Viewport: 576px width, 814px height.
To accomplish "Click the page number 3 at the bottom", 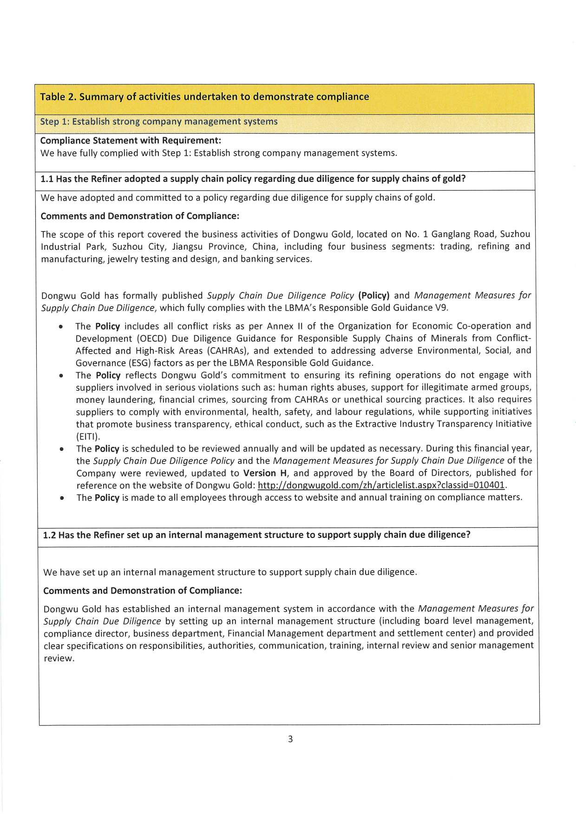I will point(290,739).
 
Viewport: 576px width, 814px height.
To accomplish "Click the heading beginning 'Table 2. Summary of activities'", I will point(204,97).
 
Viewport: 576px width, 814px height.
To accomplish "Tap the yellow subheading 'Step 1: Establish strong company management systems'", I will point(159,122).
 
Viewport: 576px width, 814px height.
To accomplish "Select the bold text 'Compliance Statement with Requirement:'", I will point(131,141).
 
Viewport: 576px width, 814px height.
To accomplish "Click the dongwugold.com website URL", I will point(381,485).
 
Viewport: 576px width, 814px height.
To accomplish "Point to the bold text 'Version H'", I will point(265,473).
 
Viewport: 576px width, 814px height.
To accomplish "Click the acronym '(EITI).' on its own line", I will point(88,436).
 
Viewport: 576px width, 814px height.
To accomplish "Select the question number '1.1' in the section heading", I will point(47,179).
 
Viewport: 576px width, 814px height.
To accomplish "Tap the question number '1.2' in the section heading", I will point(49,535).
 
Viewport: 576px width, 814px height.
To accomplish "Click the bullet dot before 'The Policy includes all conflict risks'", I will point(61,327).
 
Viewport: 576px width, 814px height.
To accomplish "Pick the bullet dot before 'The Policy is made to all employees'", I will point(62,498).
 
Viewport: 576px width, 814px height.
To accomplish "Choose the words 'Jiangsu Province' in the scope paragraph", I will point(209,246).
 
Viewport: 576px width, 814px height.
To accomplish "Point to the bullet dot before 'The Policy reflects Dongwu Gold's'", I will point(61,375).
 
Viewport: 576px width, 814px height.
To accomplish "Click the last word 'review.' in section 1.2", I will point(59,659).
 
